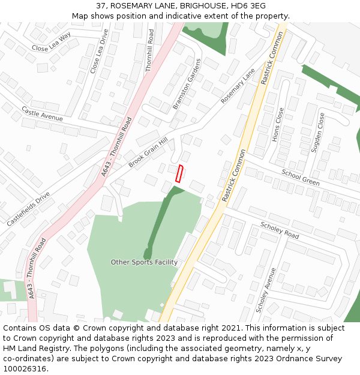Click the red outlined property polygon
click(x=179, y=173)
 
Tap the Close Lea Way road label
click(x=51, y=42)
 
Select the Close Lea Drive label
click(x=100, y=52)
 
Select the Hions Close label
click(x=277, y=125)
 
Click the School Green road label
click(x=301, y=176)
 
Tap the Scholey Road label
click(x=280, y=230)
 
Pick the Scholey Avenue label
click(x=266, y=290)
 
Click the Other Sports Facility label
click(x=144, y=262)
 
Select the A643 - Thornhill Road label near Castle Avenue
click(x=116, y=146)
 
